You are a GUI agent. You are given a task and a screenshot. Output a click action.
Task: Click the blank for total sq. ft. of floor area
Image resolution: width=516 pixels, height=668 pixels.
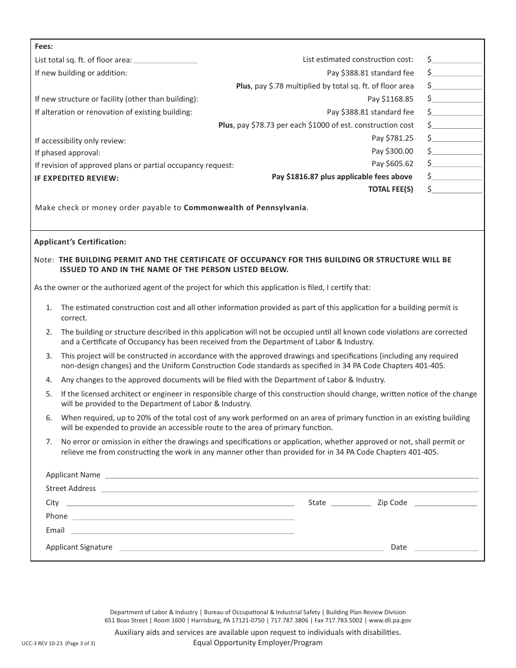click(x=165, y=61)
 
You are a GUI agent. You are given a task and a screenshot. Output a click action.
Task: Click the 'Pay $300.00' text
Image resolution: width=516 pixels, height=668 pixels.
click(x=392, y=152)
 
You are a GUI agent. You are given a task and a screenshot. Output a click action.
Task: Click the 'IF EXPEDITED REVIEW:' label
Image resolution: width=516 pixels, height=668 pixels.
click(x=77, y=178)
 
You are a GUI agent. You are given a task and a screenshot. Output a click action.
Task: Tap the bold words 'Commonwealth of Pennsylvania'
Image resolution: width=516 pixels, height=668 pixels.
click(x=246, y=207)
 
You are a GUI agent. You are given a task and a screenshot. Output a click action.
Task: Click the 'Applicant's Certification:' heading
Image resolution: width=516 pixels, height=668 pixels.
click(x=80, y=242)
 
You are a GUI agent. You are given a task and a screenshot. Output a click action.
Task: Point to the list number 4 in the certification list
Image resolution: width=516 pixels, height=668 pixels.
click(x=49, y=380)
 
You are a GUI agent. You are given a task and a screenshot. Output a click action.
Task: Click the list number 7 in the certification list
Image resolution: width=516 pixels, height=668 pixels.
click(x=49, y=442)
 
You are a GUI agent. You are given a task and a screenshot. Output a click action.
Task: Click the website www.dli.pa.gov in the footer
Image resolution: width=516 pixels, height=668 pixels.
click(x=390, y=620)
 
